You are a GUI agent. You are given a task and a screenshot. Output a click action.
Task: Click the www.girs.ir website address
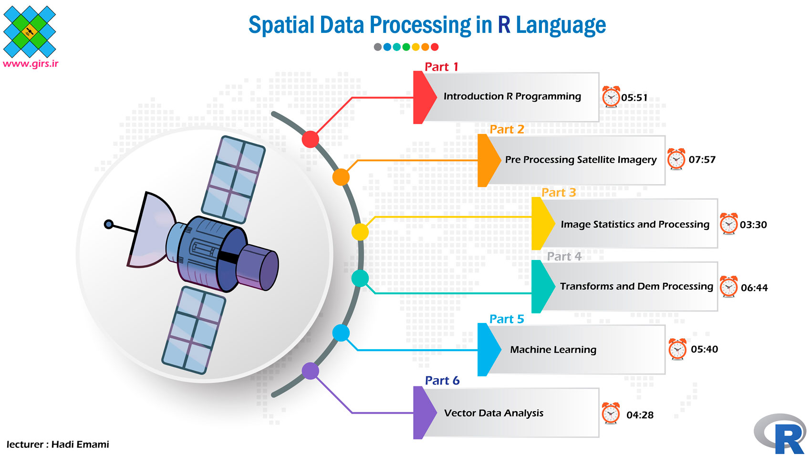[x=31, y=64]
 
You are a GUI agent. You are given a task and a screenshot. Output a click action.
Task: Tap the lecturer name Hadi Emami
[x=80, y=445]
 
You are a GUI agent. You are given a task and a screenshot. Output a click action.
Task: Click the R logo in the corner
[x=781, y=434]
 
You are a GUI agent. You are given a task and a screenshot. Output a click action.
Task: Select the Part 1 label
[x=441, y=67]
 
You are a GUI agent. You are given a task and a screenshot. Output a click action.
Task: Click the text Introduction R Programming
[x=512, y=96]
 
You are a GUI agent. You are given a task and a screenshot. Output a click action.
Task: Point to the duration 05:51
[x=634, y=98]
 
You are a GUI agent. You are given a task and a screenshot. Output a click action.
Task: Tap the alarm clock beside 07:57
[x=676, y=159]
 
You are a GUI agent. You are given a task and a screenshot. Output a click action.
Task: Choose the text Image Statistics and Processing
[x=635, y=224]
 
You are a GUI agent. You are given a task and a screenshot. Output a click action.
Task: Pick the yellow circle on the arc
[x=360, y=232]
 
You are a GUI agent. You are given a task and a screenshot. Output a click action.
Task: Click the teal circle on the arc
[x=360, y=278]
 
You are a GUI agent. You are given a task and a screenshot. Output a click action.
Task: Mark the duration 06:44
[x=754, y=288]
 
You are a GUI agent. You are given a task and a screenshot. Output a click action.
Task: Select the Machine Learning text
[x=553, y=350]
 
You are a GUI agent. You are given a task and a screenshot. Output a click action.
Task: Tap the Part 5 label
[x=507, y=319]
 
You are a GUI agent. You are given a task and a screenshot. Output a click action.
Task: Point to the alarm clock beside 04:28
[x=611, y=413]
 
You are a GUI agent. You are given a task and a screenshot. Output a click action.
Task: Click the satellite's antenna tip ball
[x=109, y=224]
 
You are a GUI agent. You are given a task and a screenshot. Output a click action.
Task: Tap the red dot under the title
[x=435, y=47]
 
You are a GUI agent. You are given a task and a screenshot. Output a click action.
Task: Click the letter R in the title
[x=504, y=25]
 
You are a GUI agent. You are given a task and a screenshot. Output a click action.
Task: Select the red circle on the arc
[x=310, y=139]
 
